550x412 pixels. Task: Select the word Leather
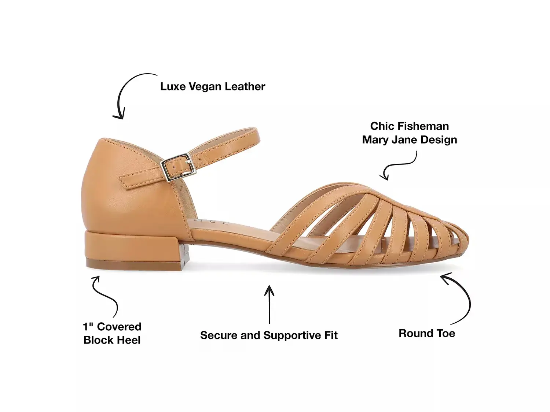tap(245, 86)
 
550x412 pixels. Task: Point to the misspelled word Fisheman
tap(423, 126)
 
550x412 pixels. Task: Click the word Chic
tap(382, 126)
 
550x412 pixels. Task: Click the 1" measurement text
tap(88, 326)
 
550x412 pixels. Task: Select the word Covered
tap(119, 326)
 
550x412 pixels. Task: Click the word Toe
tap(445, 333)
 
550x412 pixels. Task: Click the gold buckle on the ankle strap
tap(178, 167)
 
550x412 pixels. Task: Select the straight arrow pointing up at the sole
tap(269, 305)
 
